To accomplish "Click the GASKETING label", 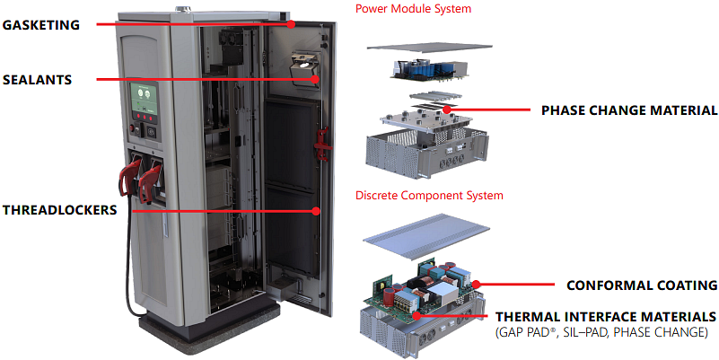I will tap(40, 24).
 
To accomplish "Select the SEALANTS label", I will tap(37, 80).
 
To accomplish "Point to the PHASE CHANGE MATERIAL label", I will tap(628, 110).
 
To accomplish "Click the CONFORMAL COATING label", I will tap(641, 285).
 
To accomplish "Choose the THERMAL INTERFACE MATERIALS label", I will tap(606, 317).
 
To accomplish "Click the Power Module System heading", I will tap(413, 9).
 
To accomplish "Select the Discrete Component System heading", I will tap(429, 195).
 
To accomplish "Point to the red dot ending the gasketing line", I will tap(292, 24).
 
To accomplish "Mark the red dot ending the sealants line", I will tap(316, 79).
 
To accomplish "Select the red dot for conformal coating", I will tap(477, 285).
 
